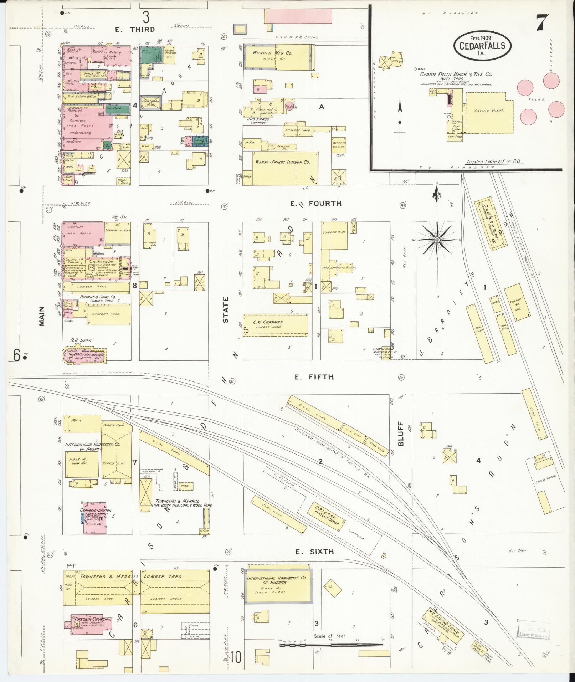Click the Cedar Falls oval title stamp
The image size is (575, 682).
(482, 45)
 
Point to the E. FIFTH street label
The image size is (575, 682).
(314, 377)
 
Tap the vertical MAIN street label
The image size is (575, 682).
(42, 316)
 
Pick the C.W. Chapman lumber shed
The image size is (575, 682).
(276, 324)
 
